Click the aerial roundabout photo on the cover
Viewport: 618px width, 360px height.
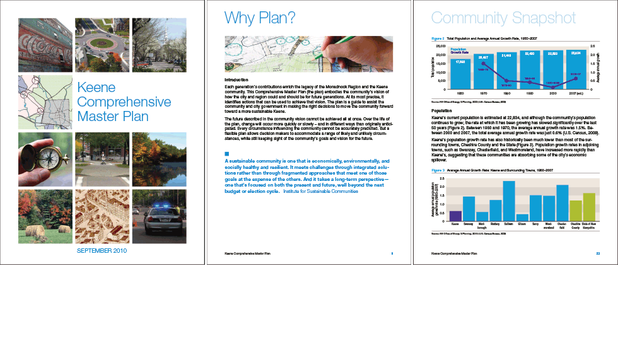pos(102,45)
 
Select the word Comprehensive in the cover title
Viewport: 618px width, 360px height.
pos(124,102)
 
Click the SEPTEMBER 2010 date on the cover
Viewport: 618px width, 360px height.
pos(102,251)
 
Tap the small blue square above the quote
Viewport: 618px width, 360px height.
pos(227,154)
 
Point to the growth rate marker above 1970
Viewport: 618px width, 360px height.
pos(483,64)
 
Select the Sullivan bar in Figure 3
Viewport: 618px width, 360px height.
pos(508,201)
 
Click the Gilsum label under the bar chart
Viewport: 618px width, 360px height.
pos(522,223)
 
